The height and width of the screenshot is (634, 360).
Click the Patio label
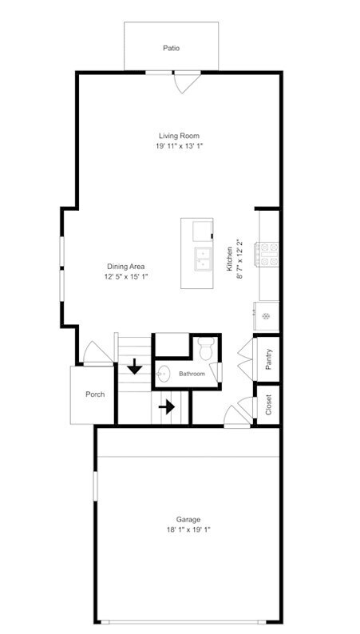[x=171, y=48]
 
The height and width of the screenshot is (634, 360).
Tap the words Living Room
[x=178, y=136]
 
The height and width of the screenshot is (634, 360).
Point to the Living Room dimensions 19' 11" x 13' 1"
[x=178, y=146]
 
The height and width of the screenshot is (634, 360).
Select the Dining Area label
[x=125, y=266]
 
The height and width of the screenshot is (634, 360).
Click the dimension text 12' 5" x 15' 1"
[x=125, y=276]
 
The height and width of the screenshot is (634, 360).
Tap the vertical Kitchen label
[x=229, y=259]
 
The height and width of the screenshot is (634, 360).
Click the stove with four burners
[x=267, y=254]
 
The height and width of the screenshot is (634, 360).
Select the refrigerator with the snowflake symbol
[x=267, y=315]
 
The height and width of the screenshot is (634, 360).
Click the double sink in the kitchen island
[x=201, y=259]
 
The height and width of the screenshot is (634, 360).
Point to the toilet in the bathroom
[x=205, y=348]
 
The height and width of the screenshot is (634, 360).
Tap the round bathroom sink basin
[x=165, y=372]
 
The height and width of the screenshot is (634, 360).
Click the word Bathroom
[x=192, y=374]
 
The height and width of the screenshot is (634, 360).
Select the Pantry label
[x=269, y=359]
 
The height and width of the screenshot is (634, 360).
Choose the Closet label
[x=269, y=405]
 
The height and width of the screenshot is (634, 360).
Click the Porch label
[x=95, y=394]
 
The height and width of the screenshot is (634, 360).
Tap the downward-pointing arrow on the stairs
[x=134, y=367]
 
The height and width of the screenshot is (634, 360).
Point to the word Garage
[x=188, y=519]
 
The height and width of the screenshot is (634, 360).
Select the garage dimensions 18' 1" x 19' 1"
[x=188, y=529]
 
